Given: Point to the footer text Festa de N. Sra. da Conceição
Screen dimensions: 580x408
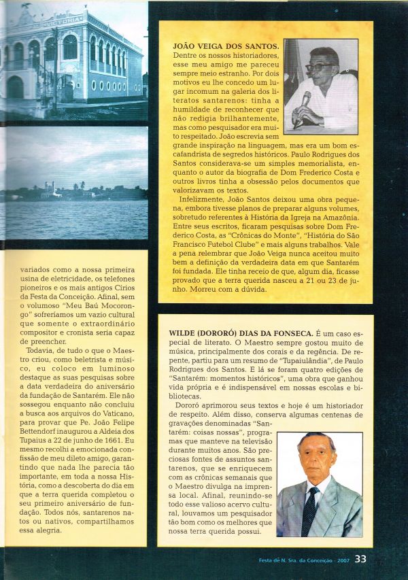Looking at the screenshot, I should [x=294, y=560].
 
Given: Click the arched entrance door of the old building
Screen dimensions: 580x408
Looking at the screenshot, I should [x=15, y=88].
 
